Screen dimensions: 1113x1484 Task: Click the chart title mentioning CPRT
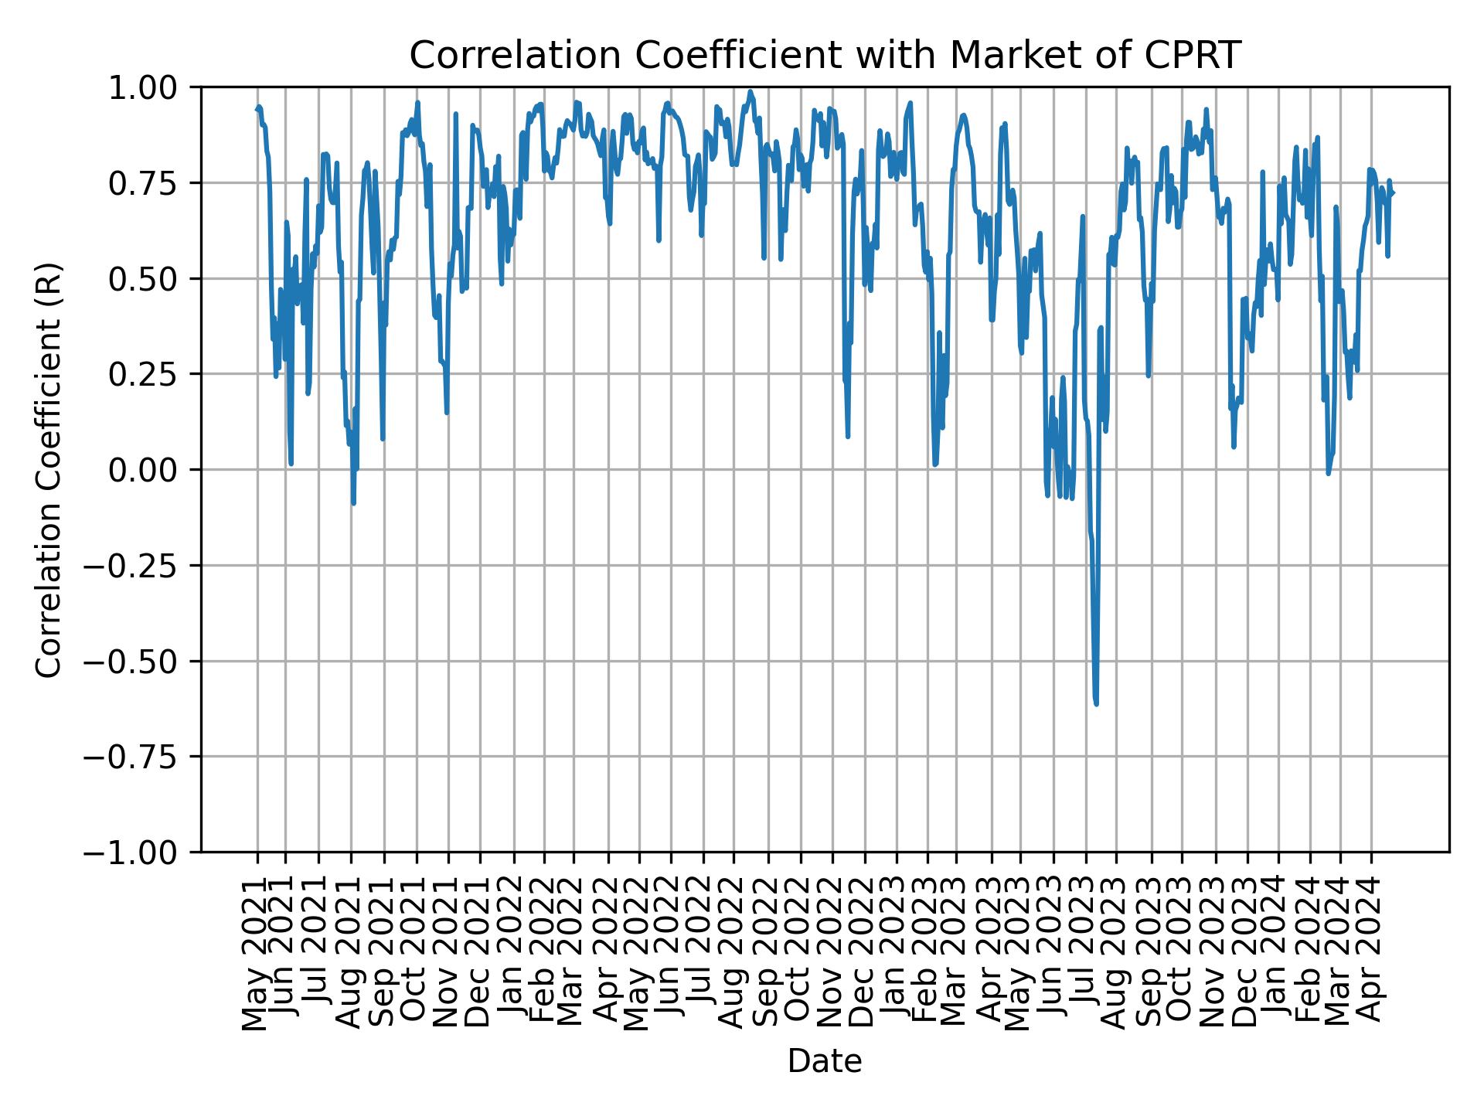click(x=824, y=56)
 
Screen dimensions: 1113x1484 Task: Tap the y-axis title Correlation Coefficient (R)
click(x=49, y=470)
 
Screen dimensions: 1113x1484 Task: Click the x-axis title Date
click(x=824, y=1062)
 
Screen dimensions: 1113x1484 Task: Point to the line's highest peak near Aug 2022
click(x=750, y=91)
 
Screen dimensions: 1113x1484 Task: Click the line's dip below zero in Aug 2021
click(x=353, y=503)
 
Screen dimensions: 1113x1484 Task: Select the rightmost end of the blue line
click(x=1393, y=192)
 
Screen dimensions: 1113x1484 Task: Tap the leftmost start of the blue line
click(x=257, y=109)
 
